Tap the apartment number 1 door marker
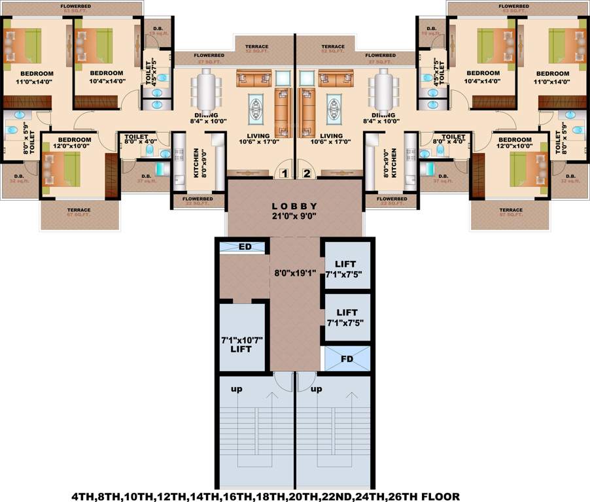coord(283,173)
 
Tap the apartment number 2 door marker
coord(305,173)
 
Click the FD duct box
coord(347,359)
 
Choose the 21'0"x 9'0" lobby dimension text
coord(294,216)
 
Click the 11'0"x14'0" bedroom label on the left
coord(27,82)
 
